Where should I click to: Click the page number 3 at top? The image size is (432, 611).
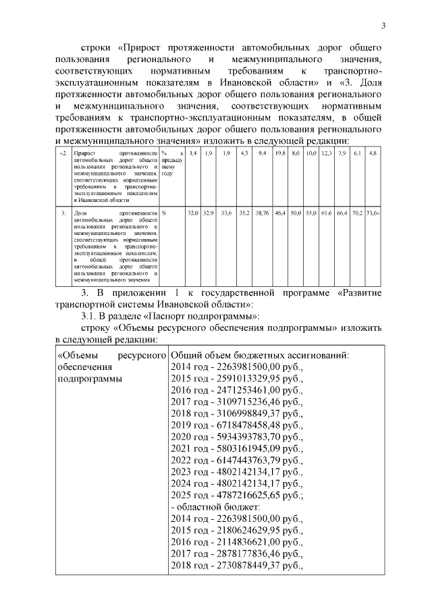pyautogui.click(x=383, y=26)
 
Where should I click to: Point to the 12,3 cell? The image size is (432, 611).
pyautogui.click(x=326, y=155)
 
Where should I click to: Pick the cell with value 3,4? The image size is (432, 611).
pyautogui.click(x=192, y=155)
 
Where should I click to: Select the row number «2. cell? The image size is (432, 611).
pyautogui.click(x=63, y=155)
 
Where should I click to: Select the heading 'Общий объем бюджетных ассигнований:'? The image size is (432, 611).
pyautogui.click(x=260, y=353)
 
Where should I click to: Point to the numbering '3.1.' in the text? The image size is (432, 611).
pyautogui.click(x=89, y=315)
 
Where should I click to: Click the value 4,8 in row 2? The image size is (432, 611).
pyautogui.click(x=373, y=155)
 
